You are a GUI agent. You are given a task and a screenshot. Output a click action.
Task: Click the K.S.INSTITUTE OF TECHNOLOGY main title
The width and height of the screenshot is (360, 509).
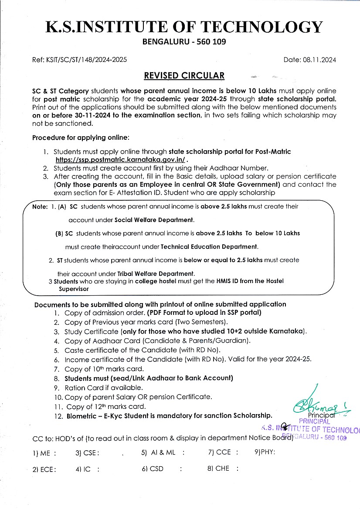[184, 27]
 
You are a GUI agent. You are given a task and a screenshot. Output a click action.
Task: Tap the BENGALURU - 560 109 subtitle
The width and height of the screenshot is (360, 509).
[184, 42]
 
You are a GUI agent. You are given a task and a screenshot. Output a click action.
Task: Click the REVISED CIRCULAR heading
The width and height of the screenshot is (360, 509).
[184, 76]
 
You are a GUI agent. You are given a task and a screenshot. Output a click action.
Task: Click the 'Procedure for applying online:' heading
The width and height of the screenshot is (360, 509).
[81, 138]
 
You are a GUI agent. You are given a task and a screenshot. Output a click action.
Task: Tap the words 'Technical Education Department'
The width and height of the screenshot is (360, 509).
[209, 246]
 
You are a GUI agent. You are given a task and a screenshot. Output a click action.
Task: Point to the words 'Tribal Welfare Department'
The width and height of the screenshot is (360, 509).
[156, 274]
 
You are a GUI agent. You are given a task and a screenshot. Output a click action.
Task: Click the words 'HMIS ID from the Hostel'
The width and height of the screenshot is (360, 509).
[250, 281]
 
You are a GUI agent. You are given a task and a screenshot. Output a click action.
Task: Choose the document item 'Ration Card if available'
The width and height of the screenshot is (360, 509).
[103, 388]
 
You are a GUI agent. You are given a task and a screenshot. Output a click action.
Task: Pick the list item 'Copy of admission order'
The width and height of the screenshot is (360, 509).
[105, 313]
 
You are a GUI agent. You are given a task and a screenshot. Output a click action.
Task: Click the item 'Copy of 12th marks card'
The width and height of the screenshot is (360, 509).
[106, 407]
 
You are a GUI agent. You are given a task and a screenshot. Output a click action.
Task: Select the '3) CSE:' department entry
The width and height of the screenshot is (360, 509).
[87, 452]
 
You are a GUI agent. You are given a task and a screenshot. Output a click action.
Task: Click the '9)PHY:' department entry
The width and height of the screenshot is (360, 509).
[265, 452]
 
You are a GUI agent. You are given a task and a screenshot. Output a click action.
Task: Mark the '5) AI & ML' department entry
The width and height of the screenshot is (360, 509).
[158, 452]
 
